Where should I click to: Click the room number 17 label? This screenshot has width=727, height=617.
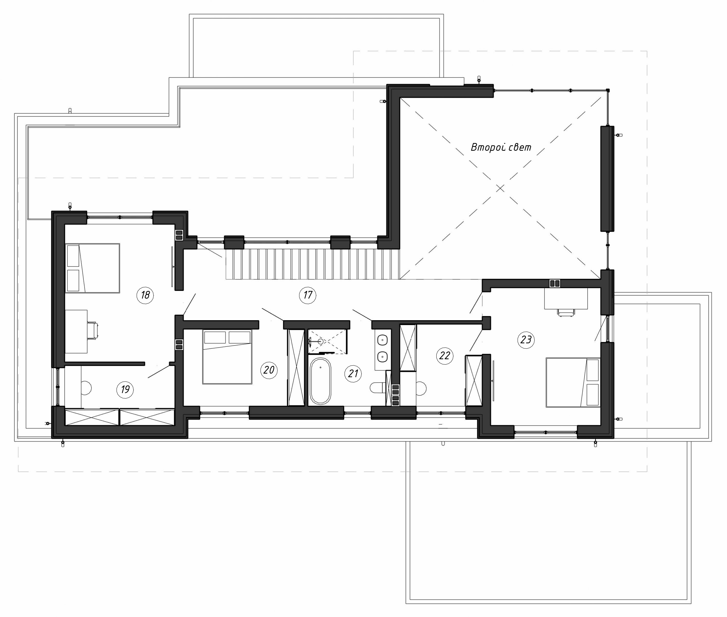[x=308, y=295]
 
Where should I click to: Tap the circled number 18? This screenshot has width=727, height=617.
[x=145, y=295]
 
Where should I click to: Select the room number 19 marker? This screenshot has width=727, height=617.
[x=125, y=389]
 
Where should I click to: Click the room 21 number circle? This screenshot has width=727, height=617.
[x=353, y=374]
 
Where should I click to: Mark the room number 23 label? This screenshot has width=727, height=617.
[x=526, y=340]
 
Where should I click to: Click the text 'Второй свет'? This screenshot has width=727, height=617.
[x=501, y=148]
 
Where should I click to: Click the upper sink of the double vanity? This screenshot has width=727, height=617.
[x=383, y=339]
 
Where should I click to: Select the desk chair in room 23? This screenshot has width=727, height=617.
[x=566, y=312]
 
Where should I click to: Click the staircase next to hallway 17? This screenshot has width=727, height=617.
[x=312, y=264]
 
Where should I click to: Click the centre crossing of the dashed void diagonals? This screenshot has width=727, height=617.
[x=501, y=188]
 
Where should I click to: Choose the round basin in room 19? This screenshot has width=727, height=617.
[x=86, y=388]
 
